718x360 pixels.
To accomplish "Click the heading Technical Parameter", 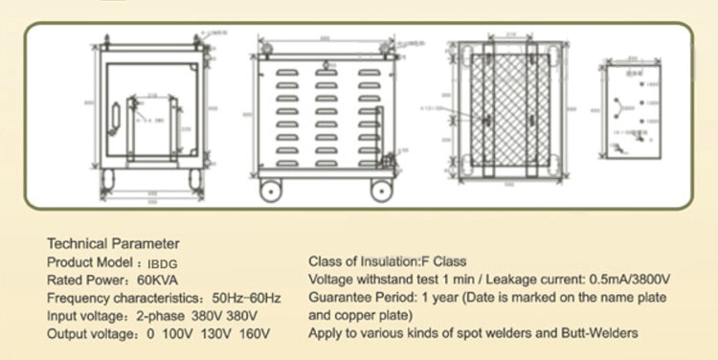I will click(113, 243).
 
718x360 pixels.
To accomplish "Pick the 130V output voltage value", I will click(217, 333).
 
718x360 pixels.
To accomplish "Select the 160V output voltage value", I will click(253, 333).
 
